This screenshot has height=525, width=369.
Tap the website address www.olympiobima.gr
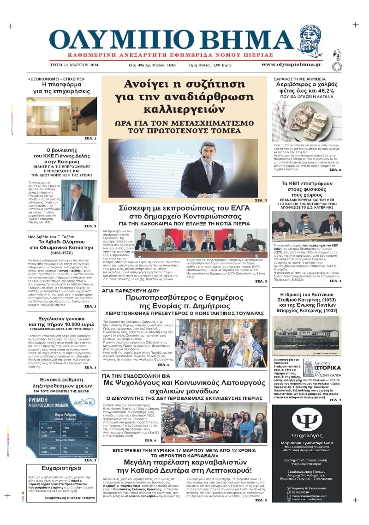291,64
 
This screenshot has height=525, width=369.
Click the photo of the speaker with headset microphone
181,168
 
